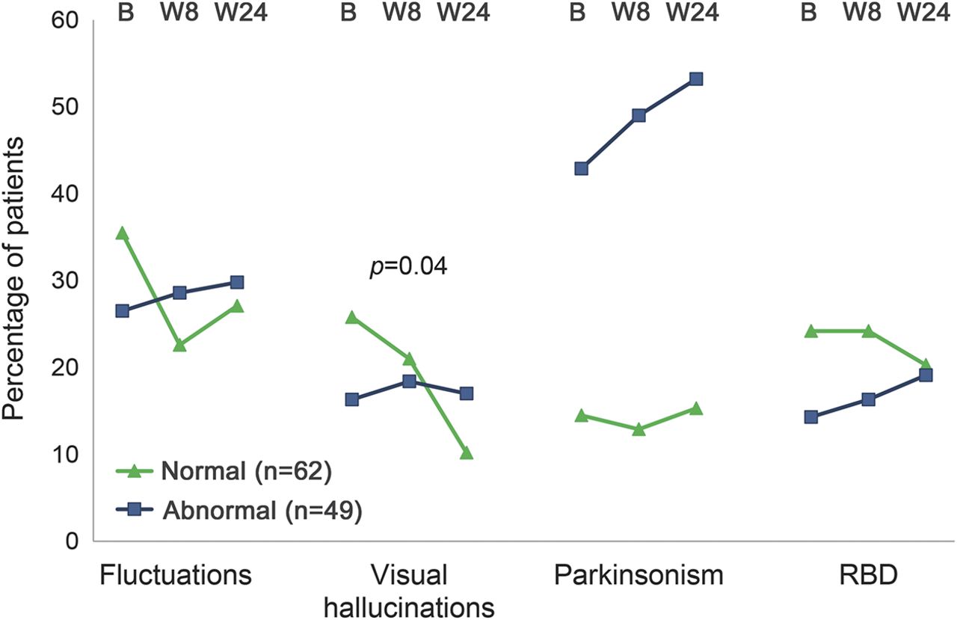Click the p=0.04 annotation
click(x=408, y=267)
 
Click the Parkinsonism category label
click(x=638, y=575)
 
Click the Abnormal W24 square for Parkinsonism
click(x=696, y=79)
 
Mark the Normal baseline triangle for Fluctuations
click(x=122, y=233)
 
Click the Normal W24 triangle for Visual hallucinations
click(x=467, y=452)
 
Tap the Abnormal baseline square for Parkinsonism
click(x=581, y=168)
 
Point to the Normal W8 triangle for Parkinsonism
click(x=638, y=429)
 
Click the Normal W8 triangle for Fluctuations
click(x=179, y=345)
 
